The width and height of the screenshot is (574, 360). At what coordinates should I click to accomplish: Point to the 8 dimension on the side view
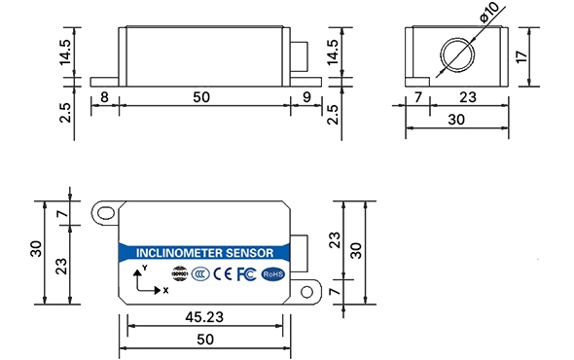point(103,97)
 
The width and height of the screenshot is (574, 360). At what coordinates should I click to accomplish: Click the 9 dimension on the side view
point(306,97)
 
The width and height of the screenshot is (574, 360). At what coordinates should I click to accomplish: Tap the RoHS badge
point(273,274)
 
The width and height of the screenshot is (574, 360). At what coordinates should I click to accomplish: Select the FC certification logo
point(247,274)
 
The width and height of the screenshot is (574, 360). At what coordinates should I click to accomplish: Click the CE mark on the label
point(223,274)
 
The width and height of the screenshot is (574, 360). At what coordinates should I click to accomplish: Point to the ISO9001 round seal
point(178,274)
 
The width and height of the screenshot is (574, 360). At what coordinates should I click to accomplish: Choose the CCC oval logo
point(200,274)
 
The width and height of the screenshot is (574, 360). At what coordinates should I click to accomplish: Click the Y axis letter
point(144,267)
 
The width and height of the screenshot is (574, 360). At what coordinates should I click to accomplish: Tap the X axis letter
point(164,289)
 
